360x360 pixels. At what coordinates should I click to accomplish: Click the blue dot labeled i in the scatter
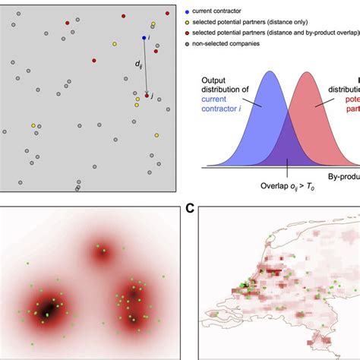[x=144, y=37]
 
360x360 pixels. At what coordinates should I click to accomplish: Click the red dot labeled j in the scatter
[x=147, y=96]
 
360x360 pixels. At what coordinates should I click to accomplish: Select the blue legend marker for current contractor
[x=208, y=13]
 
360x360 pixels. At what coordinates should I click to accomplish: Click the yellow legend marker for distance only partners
[x=208, y=23]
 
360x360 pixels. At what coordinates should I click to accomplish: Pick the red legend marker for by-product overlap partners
[x=208, y=33]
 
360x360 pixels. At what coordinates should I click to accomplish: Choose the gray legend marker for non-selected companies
[x=208, y=44]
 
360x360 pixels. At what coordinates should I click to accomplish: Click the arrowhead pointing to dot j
[x=147, y=91]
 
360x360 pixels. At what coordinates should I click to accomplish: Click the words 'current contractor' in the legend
[x=241, y=13]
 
